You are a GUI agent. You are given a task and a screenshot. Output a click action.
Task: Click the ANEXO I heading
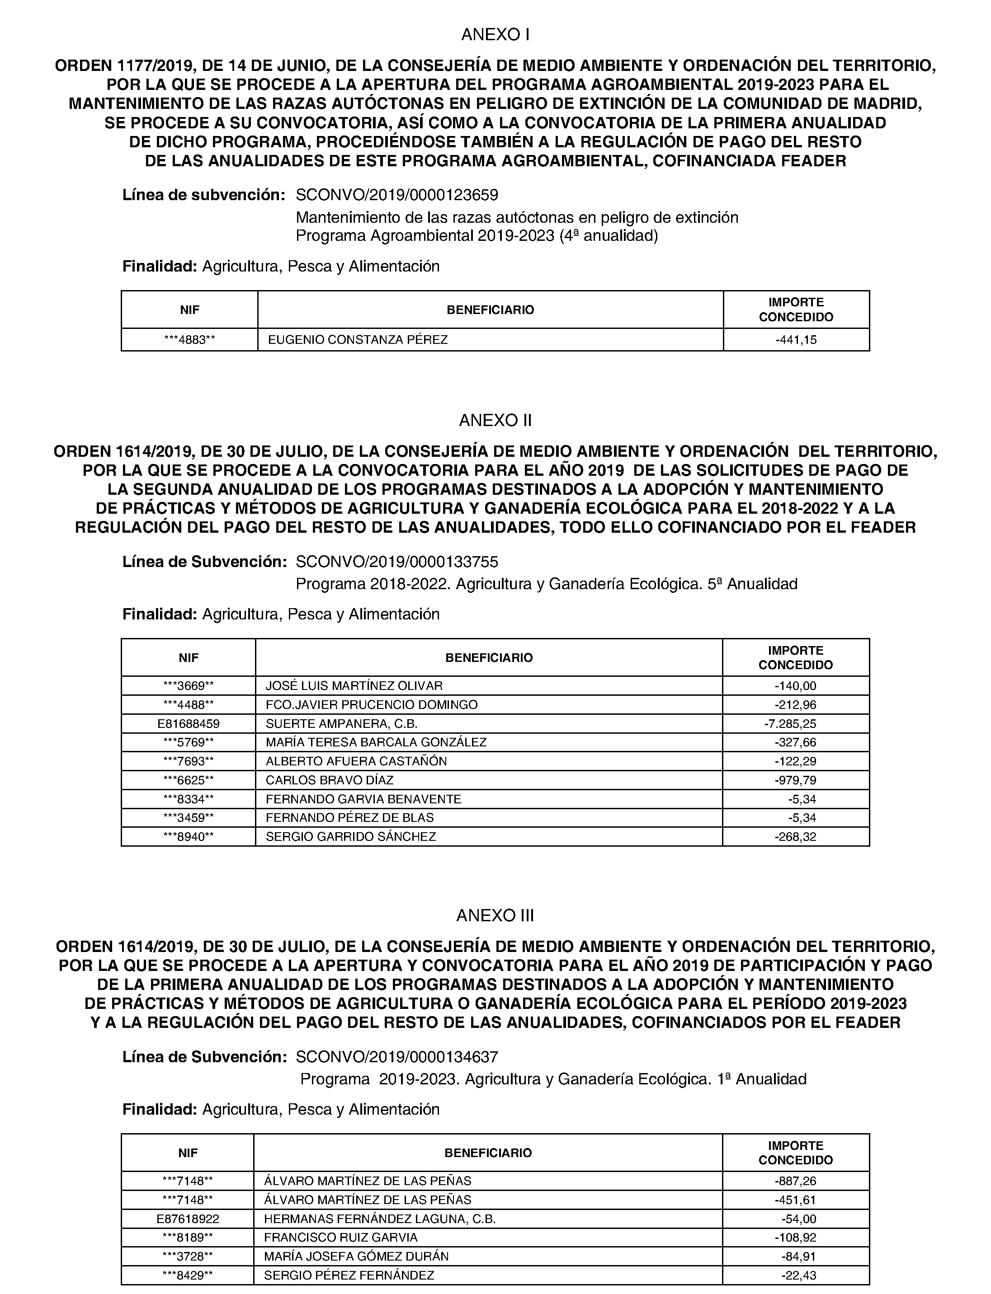click(495, 35)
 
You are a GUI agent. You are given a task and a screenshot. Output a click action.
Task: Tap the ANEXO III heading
click(495, 915)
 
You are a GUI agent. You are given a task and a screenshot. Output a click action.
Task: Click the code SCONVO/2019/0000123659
click(397, 195)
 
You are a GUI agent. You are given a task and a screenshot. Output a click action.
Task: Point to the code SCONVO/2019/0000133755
click(397, 562)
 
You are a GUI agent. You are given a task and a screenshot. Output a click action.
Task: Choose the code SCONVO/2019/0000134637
click(397, 1057)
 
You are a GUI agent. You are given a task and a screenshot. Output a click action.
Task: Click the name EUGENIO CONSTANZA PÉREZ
click(358, 340)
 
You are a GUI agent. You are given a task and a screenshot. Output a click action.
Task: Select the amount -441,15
click(796, 340)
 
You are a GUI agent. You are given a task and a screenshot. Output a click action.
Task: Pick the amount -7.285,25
click(790, 723)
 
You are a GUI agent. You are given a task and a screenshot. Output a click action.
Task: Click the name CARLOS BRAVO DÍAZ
click(329, 780)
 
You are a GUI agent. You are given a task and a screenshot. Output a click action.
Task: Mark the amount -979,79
click(795, 780)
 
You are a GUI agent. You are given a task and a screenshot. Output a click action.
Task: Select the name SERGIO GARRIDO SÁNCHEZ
click(351, 836)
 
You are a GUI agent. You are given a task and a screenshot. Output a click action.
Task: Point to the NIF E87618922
click(188, 1219)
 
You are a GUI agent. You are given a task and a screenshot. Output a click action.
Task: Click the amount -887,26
click(795, 1181)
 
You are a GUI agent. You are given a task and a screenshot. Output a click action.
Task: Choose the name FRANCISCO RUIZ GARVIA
click(341, 1238)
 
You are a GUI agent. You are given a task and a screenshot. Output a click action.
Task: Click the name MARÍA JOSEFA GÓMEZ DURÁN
click(356, 1256)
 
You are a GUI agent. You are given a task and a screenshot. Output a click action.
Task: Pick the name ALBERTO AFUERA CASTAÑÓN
click(356, 761)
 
